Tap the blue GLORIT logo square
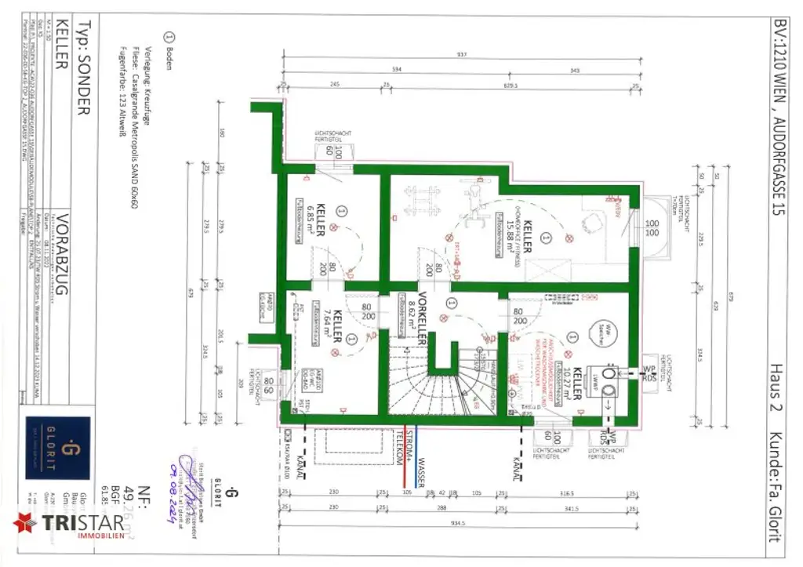tap(69, 448)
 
